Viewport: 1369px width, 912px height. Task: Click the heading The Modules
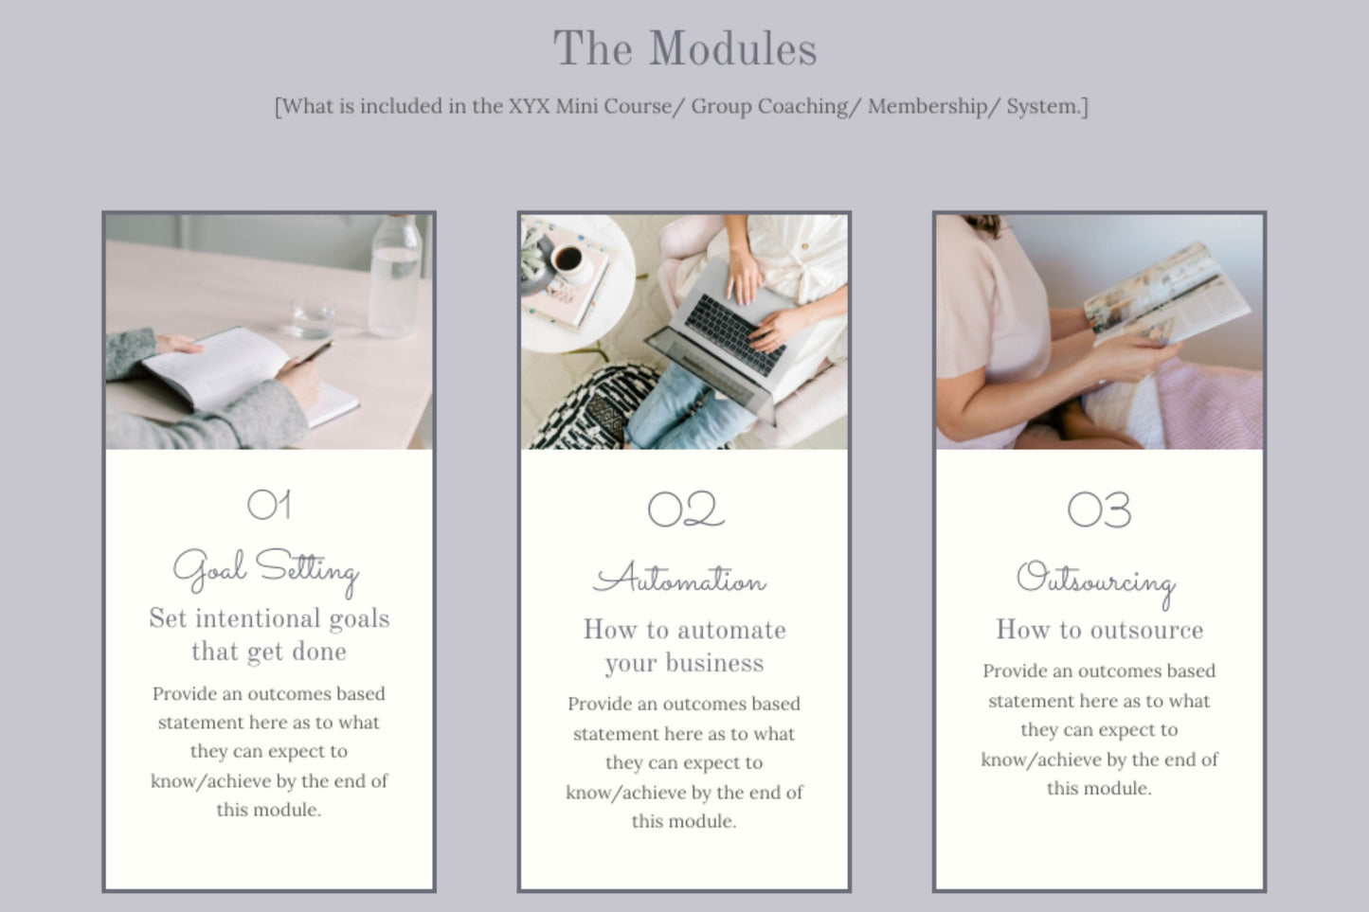point(684,49)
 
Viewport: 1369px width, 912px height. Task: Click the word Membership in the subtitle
point(928,106)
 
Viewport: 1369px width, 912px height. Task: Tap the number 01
point(269,505)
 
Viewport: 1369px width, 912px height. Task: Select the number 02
point(686,509)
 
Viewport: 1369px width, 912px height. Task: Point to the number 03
point(1099,510)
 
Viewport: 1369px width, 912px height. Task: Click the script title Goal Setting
point(266,572)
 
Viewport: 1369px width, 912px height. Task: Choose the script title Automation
point(679,578)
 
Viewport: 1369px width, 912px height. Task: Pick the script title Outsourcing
point(1096,582)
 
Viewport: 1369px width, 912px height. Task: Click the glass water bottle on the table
point(395,277)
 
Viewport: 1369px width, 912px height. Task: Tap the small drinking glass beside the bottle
point(313,317)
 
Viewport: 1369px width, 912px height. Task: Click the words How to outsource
point(1100,629)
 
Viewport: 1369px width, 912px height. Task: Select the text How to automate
point(684,629)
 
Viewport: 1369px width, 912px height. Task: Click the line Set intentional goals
point(269,618)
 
